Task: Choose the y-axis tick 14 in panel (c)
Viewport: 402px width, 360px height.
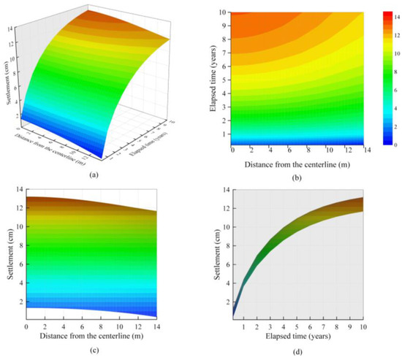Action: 19,190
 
